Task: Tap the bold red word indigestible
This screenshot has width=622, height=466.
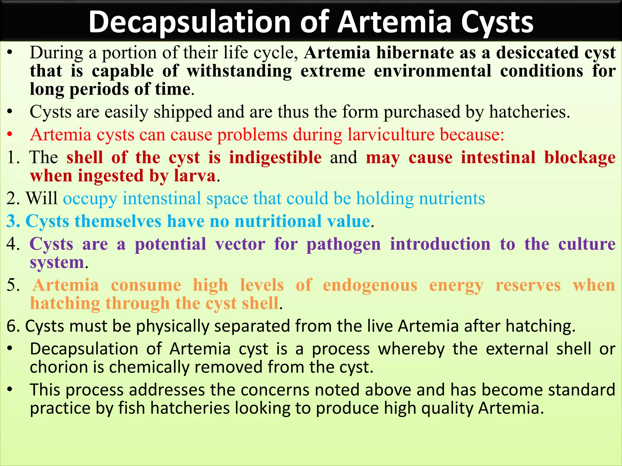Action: [x=275, y=157]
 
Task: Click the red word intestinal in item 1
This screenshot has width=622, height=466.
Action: [x=498, y=157]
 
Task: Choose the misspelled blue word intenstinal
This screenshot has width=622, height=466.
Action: [x=162, y=198]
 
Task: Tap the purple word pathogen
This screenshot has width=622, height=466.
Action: [x=343, y=244]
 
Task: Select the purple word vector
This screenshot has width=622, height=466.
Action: [x=240, y=244]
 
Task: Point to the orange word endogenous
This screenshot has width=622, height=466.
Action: [x=370, y=285]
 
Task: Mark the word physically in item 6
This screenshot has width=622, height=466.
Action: [x=172, y=326]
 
